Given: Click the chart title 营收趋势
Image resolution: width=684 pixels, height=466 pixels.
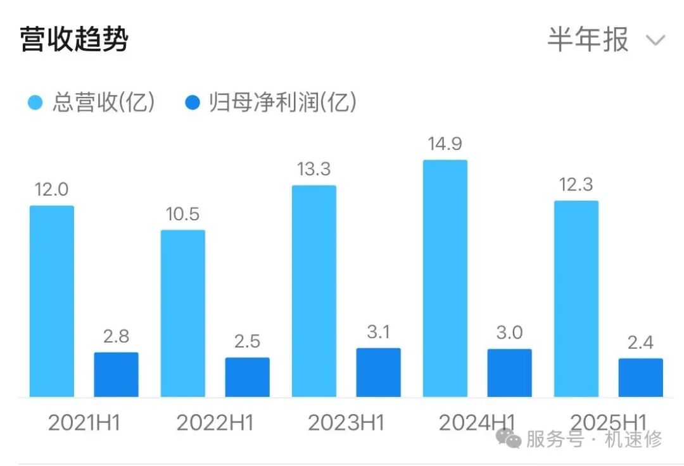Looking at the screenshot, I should tap(74, 40).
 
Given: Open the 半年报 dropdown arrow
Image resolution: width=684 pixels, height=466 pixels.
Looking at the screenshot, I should tap(655, 41).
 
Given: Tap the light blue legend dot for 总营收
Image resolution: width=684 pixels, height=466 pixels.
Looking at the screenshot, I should tap(35, 103).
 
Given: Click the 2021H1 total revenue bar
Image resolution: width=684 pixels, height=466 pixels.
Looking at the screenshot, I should tap(52, 301).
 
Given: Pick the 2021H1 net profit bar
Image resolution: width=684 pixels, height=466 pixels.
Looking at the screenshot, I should tap(116, 375).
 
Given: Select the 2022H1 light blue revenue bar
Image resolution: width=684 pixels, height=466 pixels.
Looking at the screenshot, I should tap(183, 313).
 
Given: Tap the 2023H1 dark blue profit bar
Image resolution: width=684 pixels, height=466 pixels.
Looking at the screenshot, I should tap(378, 373).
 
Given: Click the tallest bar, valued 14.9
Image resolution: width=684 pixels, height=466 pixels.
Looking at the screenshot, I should tap(445, 279).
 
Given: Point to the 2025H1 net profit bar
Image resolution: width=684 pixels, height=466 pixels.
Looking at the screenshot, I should tap(640, 378).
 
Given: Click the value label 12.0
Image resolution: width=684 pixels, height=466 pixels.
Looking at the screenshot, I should tap(52, 189).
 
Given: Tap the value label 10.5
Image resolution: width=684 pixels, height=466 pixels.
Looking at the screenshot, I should tap(183, 214).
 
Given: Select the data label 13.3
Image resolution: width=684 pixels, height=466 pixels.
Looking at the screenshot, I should tap(314, 169).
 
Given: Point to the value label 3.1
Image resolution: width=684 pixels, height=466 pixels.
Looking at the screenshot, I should tap(378, 332).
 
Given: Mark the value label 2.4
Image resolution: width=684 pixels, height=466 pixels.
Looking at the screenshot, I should tap(640, 343).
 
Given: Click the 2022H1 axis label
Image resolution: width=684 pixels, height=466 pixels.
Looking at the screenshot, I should tap(215, 423).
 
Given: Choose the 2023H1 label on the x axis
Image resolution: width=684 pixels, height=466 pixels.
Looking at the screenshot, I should tap(346, 423).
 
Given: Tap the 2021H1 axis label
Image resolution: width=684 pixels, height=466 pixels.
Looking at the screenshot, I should tap(84, 423).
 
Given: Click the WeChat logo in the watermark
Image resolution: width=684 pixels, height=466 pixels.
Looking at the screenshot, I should tap(509, 437).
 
